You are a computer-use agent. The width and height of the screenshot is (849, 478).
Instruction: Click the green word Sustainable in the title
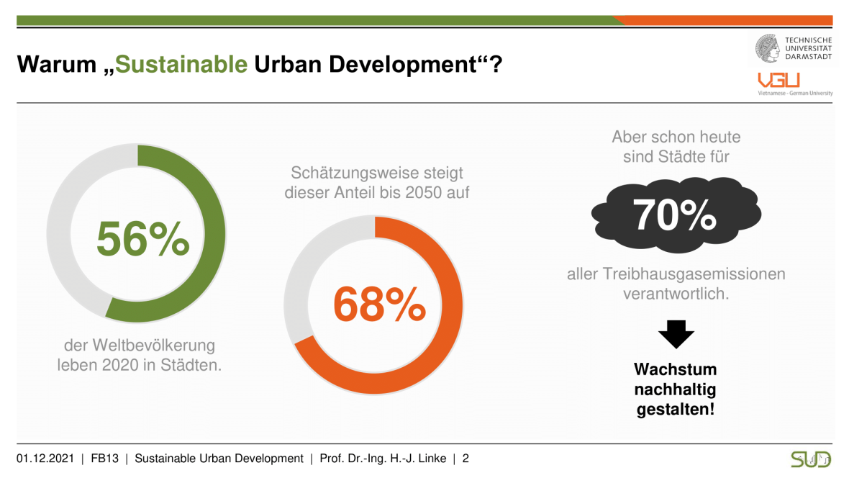click(x=181, y=64)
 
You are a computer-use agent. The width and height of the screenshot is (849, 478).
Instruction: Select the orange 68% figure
click(x=379, y=305)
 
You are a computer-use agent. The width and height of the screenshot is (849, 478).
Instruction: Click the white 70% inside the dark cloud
click(x=675, y=214)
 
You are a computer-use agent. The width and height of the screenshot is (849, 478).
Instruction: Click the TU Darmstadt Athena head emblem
click(x=767, y=48)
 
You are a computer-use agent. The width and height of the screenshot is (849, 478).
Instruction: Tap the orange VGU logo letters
click(x=773, y=80)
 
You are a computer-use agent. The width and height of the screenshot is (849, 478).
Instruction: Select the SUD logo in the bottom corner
click(x=810, y=459)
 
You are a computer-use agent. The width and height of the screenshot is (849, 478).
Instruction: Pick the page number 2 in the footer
click(x=466, y=459)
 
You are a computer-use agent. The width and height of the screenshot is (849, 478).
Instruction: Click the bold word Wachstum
click(x=675, y=370)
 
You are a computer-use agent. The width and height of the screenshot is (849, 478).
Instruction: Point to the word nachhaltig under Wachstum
click(x=675, y=390)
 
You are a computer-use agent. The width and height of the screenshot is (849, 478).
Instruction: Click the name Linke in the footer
click(x=430, y=459)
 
